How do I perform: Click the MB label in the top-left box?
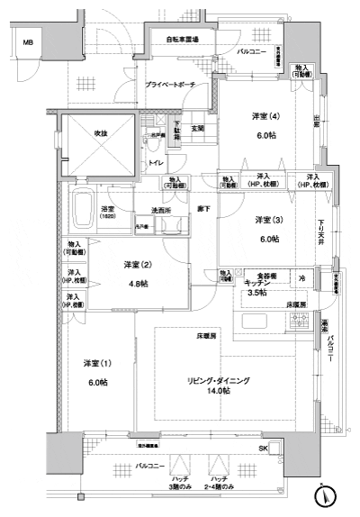tap(28, 42)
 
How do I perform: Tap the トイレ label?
tap(156, 163)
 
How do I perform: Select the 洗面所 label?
tap(162, 211)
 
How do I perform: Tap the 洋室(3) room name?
tap(265, 221)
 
